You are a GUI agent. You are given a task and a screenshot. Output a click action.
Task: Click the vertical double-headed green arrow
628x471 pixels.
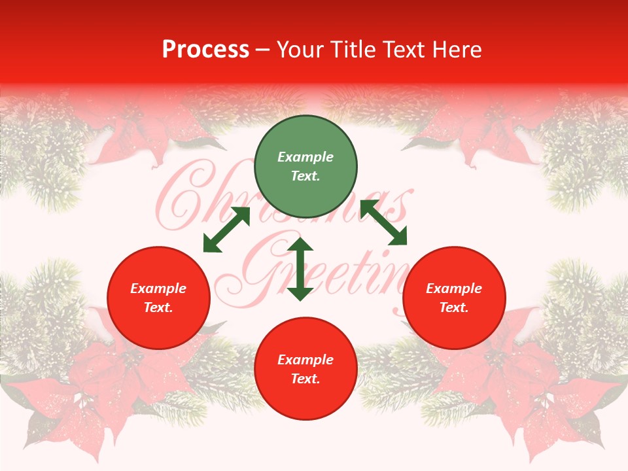300,269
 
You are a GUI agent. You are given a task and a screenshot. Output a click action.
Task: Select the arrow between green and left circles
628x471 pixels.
226,230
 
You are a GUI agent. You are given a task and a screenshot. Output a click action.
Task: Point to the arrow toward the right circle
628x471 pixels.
383,222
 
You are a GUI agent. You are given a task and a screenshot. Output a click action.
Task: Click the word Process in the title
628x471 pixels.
205,50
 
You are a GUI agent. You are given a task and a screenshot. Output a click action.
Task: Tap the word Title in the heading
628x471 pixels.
353,50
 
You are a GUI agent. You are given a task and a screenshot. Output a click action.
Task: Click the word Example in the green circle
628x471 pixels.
305,157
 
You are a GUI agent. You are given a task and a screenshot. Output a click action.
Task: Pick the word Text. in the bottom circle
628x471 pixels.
305,379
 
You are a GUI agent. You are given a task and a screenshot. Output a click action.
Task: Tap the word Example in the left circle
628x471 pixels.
158,288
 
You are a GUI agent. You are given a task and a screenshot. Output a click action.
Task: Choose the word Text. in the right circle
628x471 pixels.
454,307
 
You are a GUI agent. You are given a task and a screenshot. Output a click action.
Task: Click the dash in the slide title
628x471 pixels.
263,50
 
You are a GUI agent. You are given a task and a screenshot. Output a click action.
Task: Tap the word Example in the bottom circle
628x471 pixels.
305,360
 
